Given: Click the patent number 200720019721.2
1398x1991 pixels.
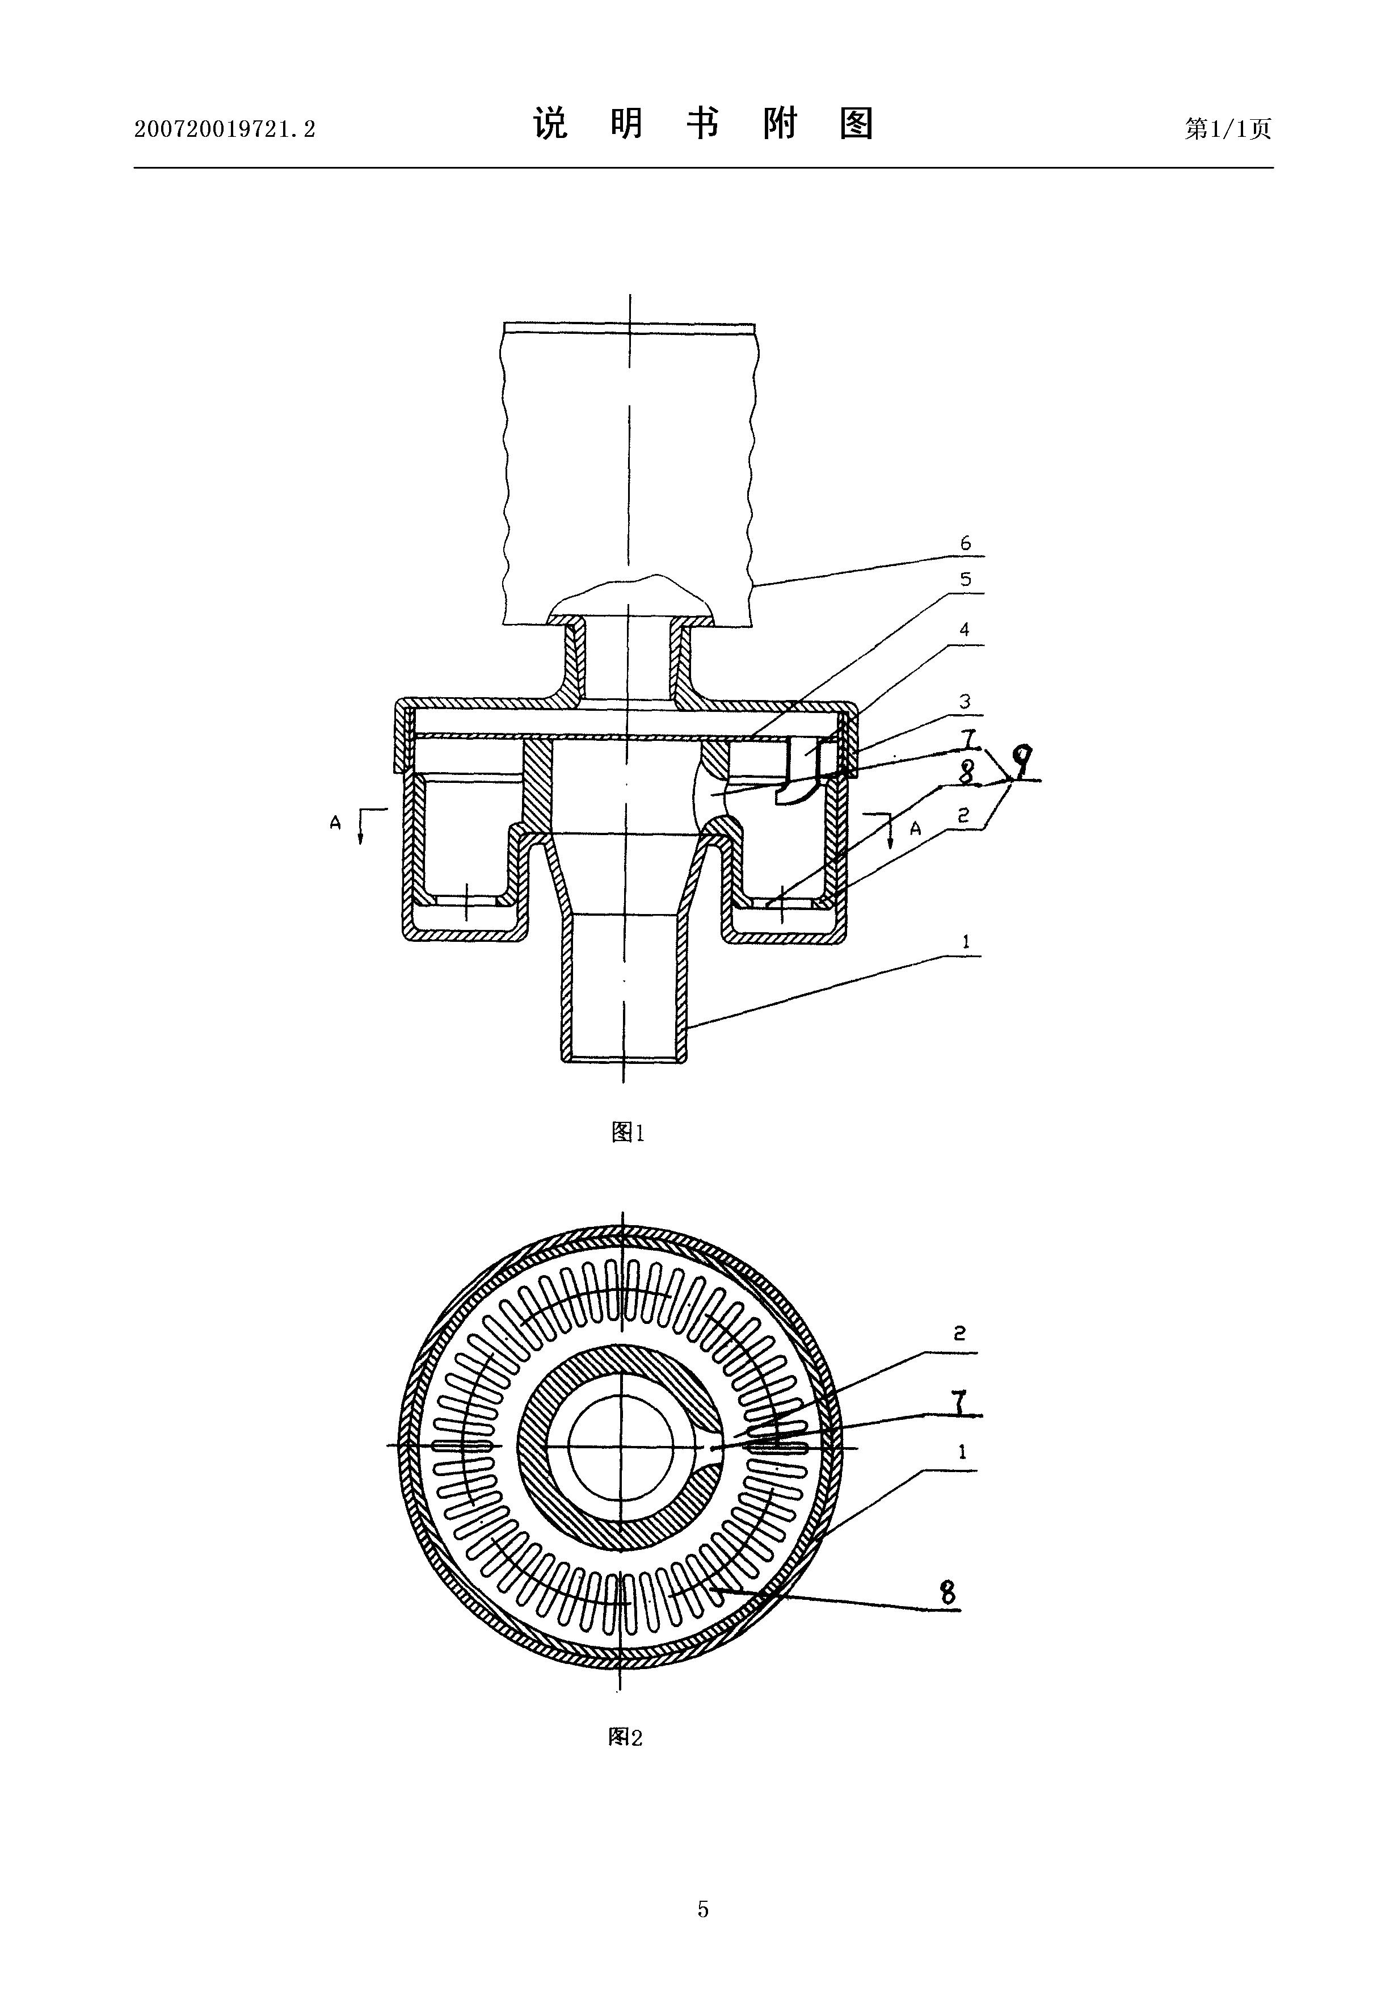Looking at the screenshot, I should (x=225, y=129).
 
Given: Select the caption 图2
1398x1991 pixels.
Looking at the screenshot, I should (x=625, y=1736).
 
